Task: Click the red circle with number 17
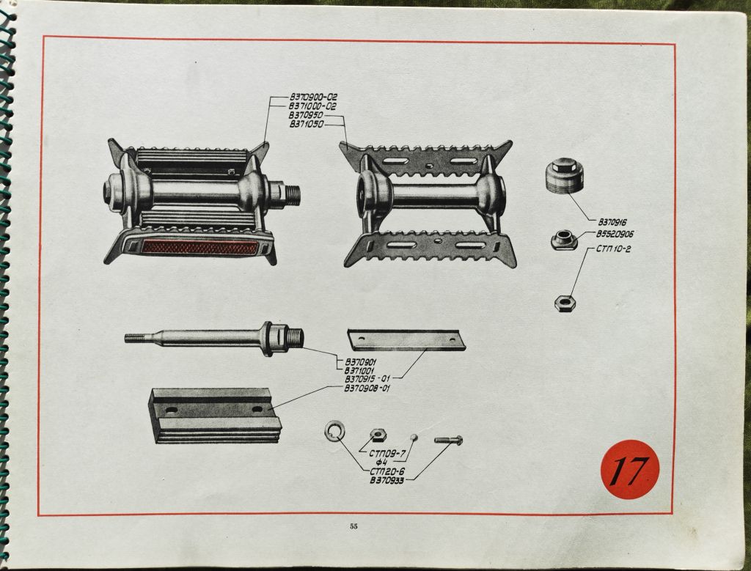point(630,470)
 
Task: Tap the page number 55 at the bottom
point(353,526)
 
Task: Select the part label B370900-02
point(313,97)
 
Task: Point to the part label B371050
point(307,125)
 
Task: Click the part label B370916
point(612,222)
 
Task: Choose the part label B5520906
point(615,234)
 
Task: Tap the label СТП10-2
point(614,249)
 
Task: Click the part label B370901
point(361,361)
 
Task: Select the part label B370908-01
point(367,388)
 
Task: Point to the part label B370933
point(387,480)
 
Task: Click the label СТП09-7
point(388,453)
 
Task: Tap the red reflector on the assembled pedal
point(200,247)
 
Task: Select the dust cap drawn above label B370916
point(565,177)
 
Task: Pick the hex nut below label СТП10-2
point(565,303)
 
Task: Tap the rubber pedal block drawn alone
point(214,416)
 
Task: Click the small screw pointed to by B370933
point(448,440)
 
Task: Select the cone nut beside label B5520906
point(564,240)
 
